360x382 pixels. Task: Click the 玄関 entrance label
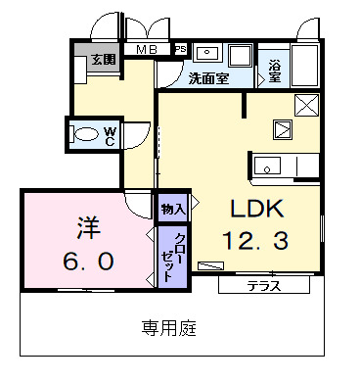(x=104, y=59)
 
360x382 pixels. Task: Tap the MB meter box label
(x=147, y=50)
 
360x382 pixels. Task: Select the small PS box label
(x=180, y=48)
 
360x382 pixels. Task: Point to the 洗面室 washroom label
(x=208, y=78)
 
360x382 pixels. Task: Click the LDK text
(x=256, y=209)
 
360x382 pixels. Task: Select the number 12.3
(x=254, y=239)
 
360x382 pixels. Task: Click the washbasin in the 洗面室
(x=207, y=53)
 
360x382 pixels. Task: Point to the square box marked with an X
(x=306, y=105)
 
